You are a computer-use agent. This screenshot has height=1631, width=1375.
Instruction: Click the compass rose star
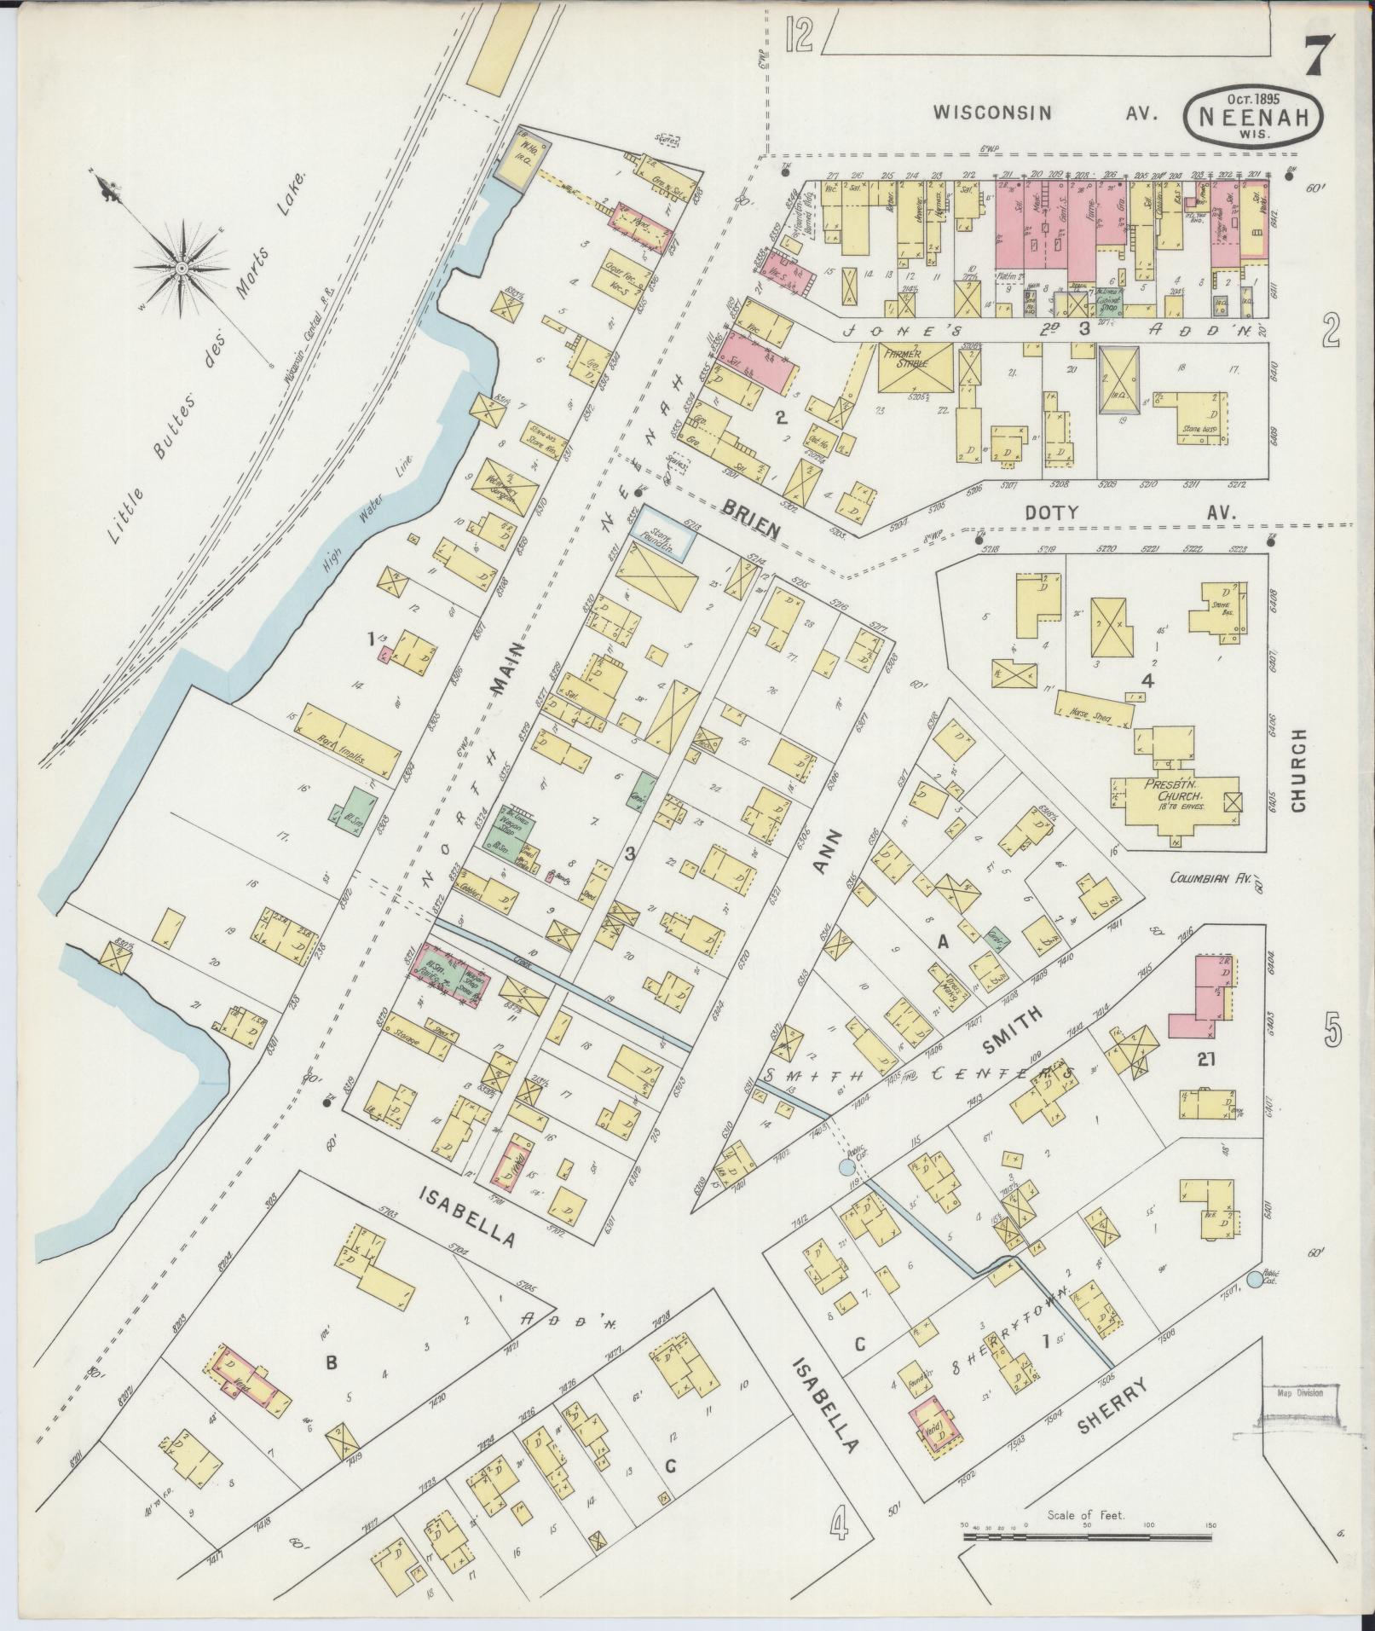coord(182,267)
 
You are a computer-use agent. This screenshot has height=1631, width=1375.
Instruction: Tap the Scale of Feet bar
coord(1087,1536)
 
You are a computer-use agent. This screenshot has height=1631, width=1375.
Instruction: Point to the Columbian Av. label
coord(1208,877)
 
